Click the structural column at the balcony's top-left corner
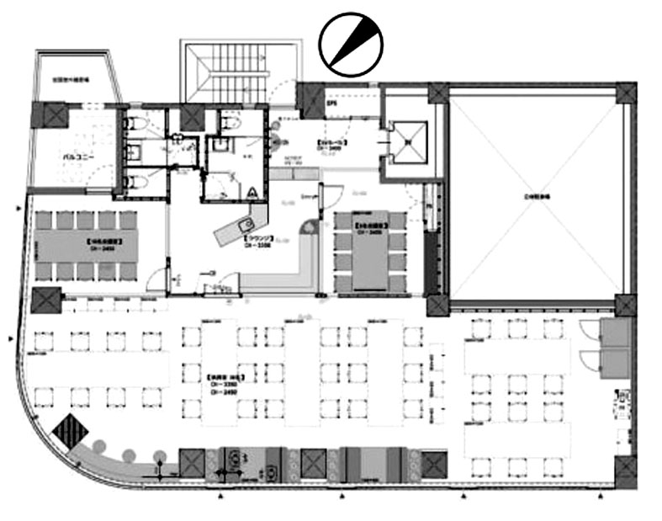[47, 114]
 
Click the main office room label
[220, 380]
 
